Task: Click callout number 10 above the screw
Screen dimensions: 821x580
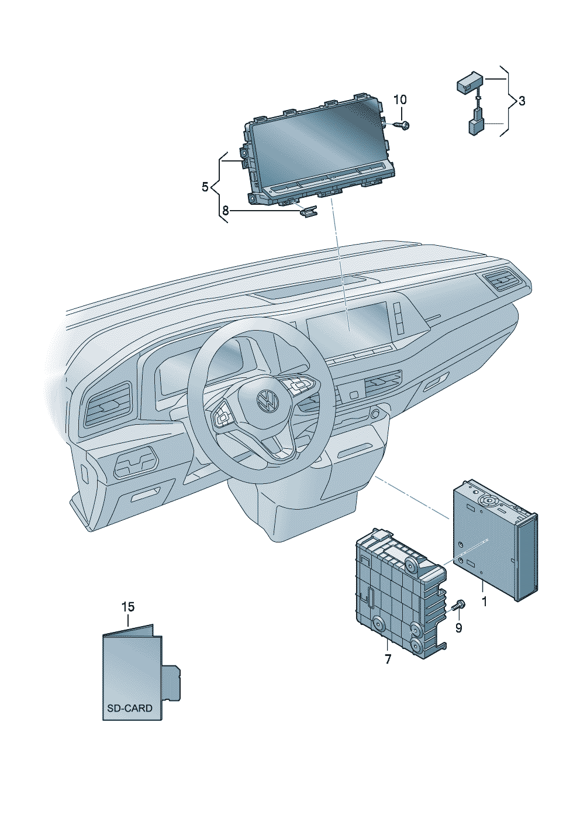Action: coord(399,99)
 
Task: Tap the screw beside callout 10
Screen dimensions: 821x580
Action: coord(402,125)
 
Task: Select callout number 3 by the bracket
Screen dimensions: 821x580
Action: coord(522,101)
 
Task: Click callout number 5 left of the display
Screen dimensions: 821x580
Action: coord(205,187)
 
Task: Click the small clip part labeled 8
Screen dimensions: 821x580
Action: coord(308,211)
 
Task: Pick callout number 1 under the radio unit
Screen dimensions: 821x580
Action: coord(484,601)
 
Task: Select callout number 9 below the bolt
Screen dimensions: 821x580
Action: coord(458,628)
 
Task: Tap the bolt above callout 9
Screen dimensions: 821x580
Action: coord(459,605)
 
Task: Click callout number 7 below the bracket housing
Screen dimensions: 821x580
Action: coord(388,659)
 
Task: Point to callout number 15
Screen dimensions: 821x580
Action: coord(128,607)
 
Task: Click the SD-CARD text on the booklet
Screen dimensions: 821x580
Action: coord(129,708)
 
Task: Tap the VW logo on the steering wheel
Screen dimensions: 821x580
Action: coord(268,400)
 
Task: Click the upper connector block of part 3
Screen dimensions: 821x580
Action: coord(469,82)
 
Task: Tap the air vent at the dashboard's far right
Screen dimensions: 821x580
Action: coord(502,281)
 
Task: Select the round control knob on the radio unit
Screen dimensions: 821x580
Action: coord(487,501)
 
